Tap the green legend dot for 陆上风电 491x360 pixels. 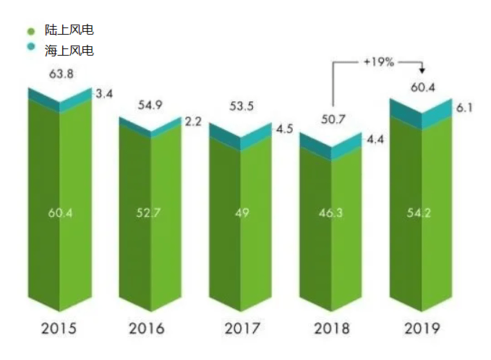coord(30,31)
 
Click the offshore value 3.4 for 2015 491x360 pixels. coord(104,94)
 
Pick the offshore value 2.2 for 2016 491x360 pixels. coord(193,121)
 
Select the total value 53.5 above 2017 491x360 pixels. coord(240,107)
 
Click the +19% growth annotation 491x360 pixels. coord(379,62)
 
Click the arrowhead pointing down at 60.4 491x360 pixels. coord(422,71)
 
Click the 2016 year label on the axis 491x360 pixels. coord(147,329)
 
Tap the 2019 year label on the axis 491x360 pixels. coord(422,329)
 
